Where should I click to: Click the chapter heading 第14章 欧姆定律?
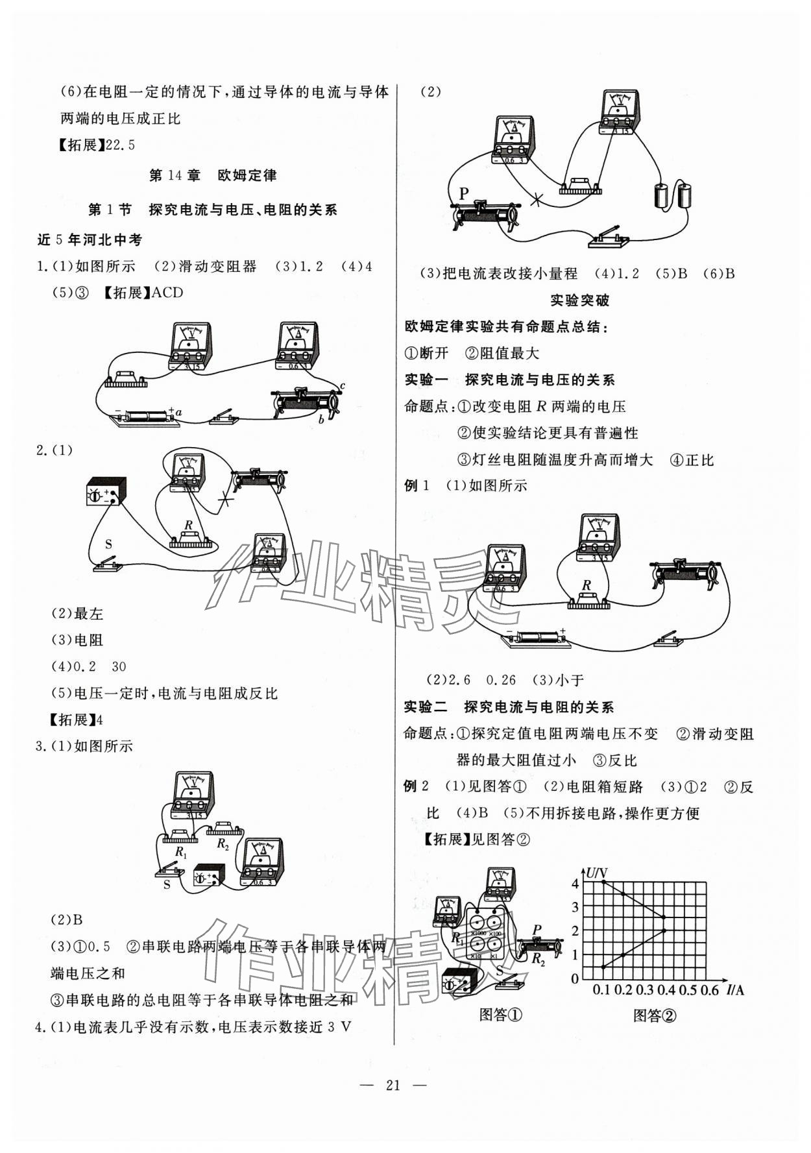coord(213,175)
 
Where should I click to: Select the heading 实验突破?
coord(579,300)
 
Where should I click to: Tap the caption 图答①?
coord(500,1015)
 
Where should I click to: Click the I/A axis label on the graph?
coord(735,989)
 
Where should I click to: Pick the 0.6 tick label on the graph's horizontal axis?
coord(710,989)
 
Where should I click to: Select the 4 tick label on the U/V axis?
coord(575,883)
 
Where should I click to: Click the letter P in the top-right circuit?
coord(463,193)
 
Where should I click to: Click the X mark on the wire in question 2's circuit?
coord(225,498)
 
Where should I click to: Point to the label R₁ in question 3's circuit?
coord(180,852)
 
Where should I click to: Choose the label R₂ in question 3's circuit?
coord(223,844)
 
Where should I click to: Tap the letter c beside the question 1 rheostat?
coord(343,386)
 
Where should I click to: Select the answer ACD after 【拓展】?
coord(167,293)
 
